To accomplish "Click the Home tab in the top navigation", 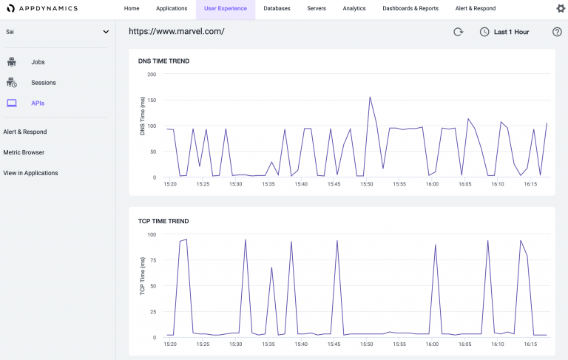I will tap(132, 9).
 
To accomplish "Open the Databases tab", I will tap(277, 9).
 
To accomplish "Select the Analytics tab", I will tap(354, 9).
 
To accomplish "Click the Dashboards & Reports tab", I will tap(410, 9).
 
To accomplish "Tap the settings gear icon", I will tap(560, 9).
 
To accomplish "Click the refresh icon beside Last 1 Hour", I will tap(458, 32).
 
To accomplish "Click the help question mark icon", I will tap(557, 32).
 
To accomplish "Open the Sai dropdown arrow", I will tap(106, 32).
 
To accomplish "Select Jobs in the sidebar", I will tap(38, 62).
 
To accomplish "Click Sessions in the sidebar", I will tap(43, 83).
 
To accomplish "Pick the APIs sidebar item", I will tap(38, 103).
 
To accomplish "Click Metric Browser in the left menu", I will tap(24, 152).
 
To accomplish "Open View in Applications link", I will tap(30, 173).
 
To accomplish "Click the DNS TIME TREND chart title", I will tap(163, 61).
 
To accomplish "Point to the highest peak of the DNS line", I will tap(370, 97).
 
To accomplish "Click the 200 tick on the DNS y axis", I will tap(152, 75).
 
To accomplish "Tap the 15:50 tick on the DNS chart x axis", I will tap(367, 184).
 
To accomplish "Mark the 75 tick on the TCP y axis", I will tap(153, 260).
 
